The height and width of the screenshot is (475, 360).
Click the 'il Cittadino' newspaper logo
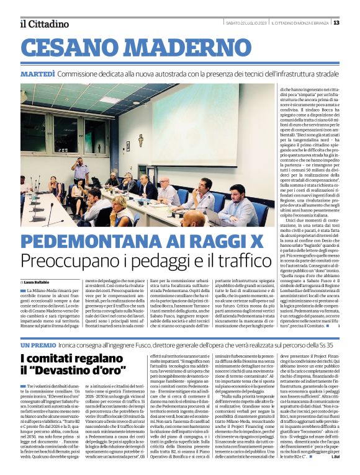coord(44,24)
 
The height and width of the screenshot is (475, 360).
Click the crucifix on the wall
coord(141,140)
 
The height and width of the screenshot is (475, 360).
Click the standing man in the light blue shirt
coord(79,172)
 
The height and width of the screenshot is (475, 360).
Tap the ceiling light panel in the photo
coord(109,100)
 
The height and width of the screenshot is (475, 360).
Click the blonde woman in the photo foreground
coord(120,213)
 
